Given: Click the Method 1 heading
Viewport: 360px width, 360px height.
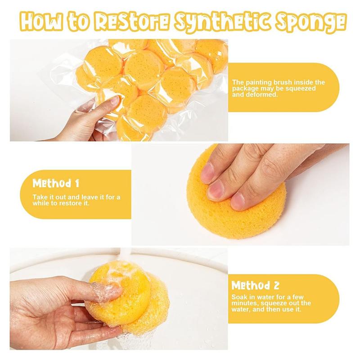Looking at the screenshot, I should pos(56,184).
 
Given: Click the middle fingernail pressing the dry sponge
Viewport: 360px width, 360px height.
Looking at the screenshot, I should pos(215,189).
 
